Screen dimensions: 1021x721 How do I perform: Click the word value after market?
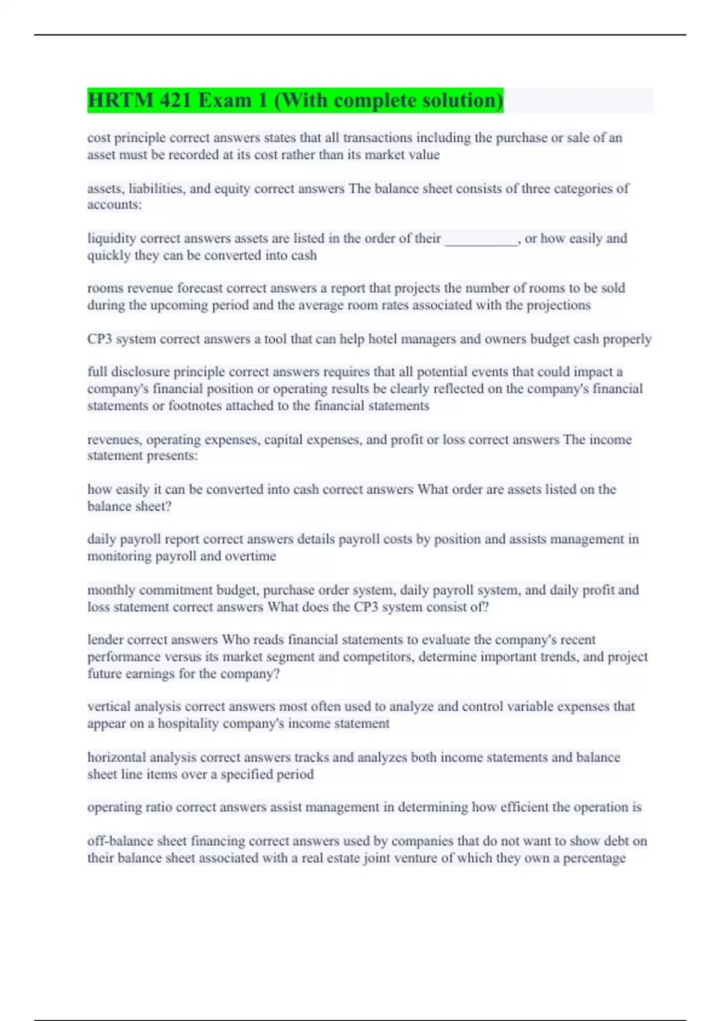tap(424, 155)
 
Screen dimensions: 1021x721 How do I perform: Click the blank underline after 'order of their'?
tap(481, 240)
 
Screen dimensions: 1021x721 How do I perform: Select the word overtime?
tap(250, 556)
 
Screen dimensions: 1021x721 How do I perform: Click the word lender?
tap(105, 640)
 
